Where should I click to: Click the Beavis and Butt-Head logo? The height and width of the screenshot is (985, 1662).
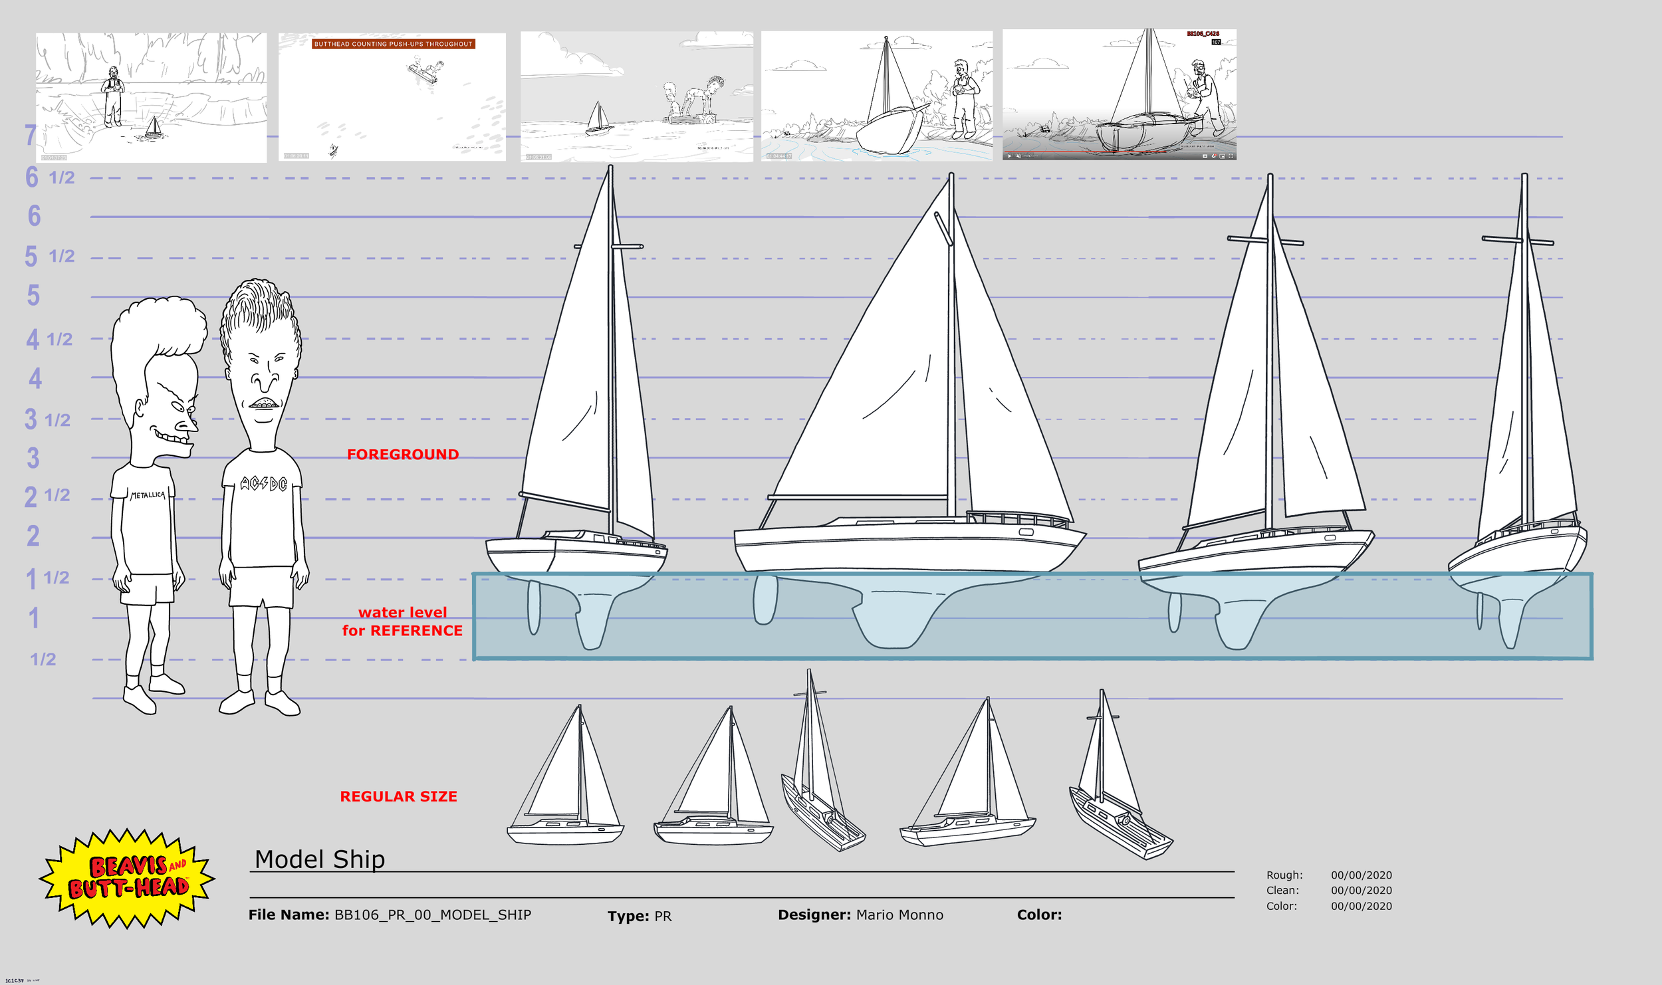pyautogui.click(x=127, y=877)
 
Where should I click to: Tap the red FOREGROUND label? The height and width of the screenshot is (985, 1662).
pyautogui.click(x=403, y=455)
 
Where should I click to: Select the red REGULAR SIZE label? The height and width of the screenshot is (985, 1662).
pyautogui.click(x=398, y=796)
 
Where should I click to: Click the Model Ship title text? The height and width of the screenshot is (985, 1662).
pyautogui.click(x=320, y=859)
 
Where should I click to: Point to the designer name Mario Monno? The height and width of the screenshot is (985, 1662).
pyautogui.click(x=899, y=915)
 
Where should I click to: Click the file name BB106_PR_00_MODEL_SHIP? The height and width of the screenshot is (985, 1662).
pyautogui.click(x=432, y=915)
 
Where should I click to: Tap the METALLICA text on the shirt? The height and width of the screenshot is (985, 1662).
pyautogui.click(x=148, y=495)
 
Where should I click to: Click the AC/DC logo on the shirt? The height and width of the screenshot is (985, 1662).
pyautogui.click(x=263, y=483)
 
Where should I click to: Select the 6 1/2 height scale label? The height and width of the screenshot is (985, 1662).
pyautogui.click(x=50, y=177)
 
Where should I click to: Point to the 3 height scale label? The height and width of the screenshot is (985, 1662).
pyautogui.click(x=33, y=458)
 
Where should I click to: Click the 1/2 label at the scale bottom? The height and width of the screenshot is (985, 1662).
pyautogui.click(x=43, y=659)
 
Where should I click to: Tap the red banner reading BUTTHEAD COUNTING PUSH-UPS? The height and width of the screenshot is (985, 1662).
pyautogui.click(x=393, y=44)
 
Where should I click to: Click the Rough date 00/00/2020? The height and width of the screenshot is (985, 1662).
pyautogui.click(x=1361, y=875)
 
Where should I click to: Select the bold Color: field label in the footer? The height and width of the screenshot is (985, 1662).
pyautogui.click(x=1039, y=915)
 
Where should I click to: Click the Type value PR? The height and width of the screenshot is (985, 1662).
pyautogui.click(x=663, y=917)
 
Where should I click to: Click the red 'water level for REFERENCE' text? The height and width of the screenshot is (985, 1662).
pyautogui.click(x=402, y=621)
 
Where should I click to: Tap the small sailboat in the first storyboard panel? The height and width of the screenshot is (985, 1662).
pyautogui.click(x=154, y=127)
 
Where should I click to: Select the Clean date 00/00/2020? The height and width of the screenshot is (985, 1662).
pyautogui.click(x=1361, y=891)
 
